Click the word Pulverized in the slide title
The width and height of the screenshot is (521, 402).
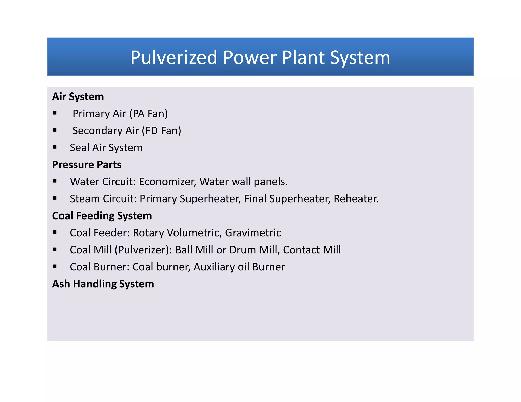[x=173, y=57]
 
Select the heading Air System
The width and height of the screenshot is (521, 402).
[x=78, y=97]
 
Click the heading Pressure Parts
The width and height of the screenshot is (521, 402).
[x=87, y=165]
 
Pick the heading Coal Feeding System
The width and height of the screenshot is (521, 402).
[x=102, y=216]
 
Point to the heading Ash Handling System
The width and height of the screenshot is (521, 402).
[x=103, y=284]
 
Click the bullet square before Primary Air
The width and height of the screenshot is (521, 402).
[x=55, y=113]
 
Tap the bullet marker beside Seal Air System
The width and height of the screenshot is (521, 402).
[x=55, y=147]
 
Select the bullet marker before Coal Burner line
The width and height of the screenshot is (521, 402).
[x=55, y=266]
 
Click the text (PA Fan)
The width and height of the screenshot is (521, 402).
[x=149, y=114]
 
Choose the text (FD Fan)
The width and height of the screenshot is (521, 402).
[x=162, y=131]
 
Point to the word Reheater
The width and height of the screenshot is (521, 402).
[x=356, y=199]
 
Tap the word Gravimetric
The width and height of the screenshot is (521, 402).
[x=253, y=233]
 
